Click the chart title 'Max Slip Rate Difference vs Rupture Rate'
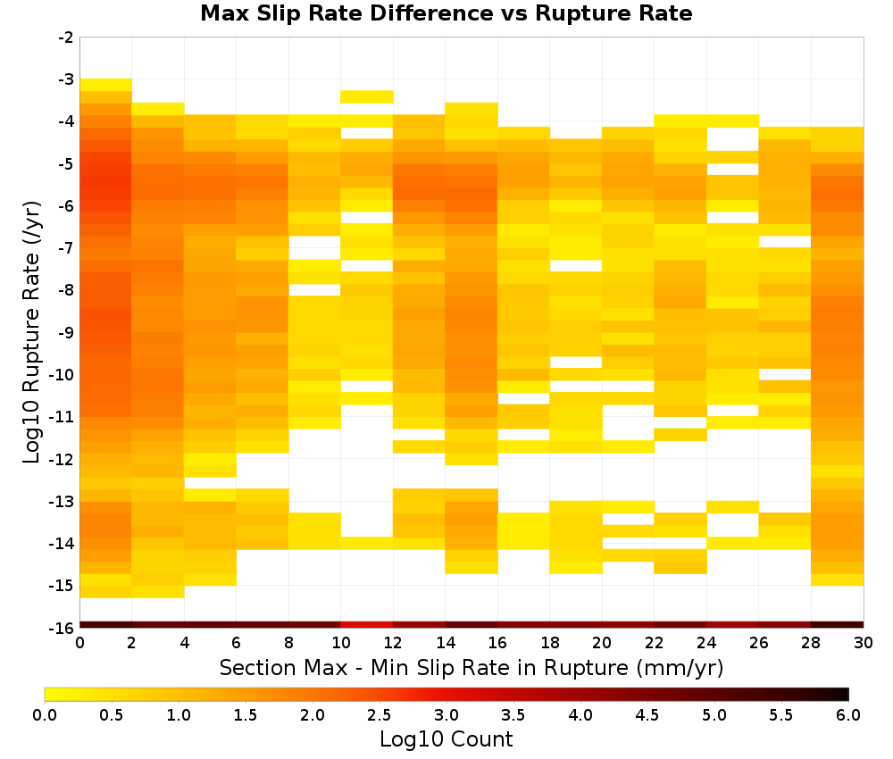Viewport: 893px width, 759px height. pyautogui.click(x=446, y=13)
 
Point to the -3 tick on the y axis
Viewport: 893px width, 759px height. pyautogui.click(x=66, y=79)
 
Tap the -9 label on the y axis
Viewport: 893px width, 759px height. pyautogui.click(x=66, y=332)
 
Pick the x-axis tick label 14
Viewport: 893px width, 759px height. pyautogui.click(x=446, y=643)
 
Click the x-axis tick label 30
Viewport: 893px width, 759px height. pyautogui.click(x=864, y=643)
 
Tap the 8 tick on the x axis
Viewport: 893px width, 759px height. pyautogui.click(x=288, y=643)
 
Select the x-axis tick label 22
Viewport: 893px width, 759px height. pyautogui.click(x=655, y=643)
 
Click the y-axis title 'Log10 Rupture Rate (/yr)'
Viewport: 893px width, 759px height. pyautogui.click(x=31, y=332)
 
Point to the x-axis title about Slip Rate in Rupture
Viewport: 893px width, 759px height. pyautogui.click(x=472, y=667)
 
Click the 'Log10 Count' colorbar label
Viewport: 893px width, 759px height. pyautogui.click(x=446, y=739)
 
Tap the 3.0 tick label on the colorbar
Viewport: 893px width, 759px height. pyautogui.click(x=446, y=714)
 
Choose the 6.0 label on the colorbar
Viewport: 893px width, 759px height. pyautogui.click(x=848, y=714)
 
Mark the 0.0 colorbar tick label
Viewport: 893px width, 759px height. pyautogui.click(x=45, y=714)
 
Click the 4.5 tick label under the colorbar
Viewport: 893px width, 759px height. pyautogui.click(x=647, y=714)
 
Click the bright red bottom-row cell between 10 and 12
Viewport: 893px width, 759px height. pyautogui.click(x=367, y=625)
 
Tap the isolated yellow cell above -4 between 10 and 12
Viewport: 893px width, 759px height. pyautogui.click(x=367, y=96)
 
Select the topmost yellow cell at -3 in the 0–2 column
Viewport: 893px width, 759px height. pyautogui.click(x=106, y=85)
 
